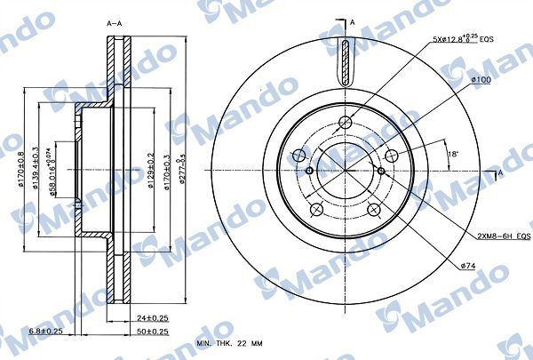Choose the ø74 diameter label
pos(467,265)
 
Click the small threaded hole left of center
pos(307,171)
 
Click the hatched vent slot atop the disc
pos(342,63)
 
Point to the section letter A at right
pos(501,171)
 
